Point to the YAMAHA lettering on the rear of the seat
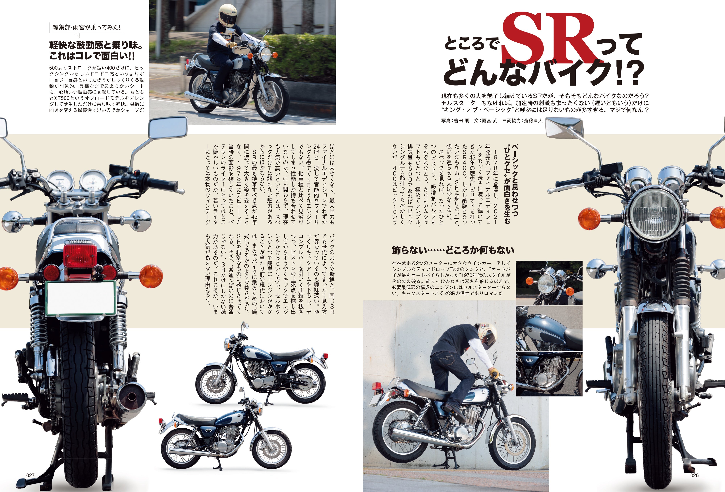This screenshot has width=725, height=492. coord(78,242)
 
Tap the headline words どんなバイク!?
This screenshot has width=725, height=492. coord(543,73)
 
